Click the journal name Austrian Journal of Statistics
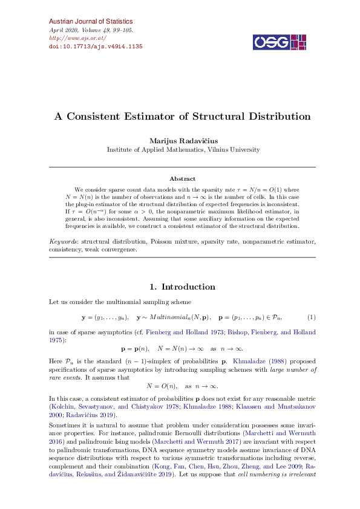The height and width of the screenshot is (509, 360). [87, 21]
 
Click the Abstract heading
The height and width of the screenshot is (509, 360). [182, 178]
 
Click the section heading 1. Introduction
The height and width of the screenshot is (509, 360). [182, 287]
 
